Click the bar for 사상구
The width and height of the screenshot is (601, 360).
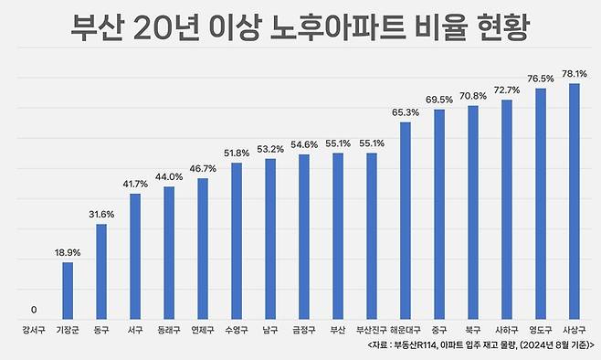pos(575,200)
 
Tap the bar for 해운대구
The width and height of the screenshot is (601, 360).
pos(406,218)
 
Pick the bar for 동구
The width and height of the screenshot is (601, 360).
pos(101,270)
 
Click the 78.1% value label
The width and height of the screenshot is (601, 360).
pos(575,73)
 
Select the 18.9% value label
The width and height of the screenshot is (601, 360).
pos(68,251)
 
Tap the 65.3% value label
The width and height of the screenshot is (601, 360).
pos(406,111)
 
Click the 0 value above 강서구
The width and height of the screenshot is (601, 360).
pos(34,309)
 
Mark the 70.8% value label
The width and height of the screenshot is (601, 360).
pos(473,95)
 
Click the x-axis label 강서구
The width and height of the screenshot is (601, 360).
pos(34,330)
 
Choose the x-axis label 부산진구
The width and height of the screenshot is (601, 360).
pos(372,330)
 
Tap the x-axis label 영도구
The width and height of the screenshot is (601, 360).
pos(541,330)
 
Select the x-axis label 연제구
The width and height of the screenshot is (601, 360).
pos(203,330)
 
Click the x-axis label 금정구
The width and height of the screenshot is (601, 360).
pos(304,330)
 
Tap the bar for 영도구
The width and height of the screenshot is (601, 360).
pos(541,202)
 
